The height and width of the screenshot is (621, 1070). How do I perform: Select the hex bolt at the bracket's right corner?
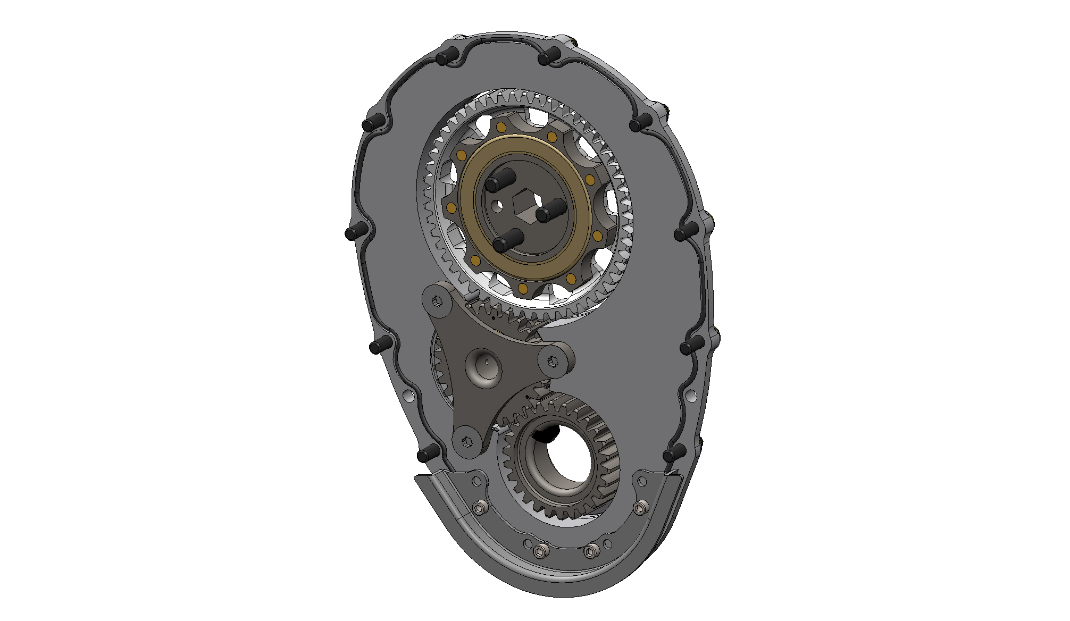pos(551,361)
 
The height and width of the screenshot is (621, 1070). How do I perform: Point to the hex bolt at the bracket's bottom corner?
pos(467,441)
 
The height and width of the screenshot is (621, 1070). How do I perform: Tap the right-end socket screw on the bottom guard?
pos(640,508)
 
